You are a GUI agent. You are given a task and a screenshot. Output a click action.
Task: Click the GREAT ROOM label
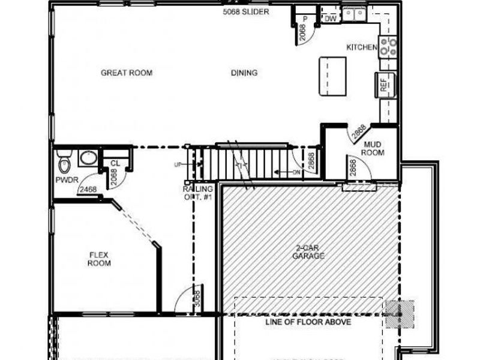[x=126, y=73]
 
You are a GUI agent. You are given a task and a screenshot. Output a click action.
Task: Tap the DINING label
[x=244, y=73]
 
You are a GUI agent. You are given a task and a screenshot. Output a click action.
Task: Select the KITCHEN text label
[x=362, y=47]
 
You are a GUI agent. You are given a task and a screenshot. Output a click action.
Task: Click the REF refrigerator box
[x=385, y=86]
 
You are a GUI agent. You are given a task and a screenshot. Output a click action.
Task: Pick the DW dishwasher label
[x=329, y=19]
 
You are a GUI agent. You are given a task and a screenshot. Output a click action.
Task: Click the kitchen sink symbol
[x=355, y=13]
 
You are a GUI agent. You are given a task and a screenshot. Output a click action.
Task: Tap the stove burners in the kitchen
[x=388, y=47]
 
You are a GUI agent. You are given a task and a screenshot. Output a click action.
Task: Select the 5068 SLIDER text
[x=245, y=11]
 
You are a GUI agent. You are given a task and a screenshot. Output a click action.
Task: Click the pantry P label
[x=305, y=19]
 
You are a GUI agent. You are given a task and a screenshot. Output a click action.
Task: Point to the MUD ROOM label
[x=373, y=148]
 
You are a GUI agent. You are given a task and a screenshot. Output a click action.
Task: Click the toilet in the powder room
[x=64, y=161]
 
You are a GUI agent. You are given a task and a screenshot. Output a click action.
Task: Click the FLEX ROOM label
[x=99, y=259]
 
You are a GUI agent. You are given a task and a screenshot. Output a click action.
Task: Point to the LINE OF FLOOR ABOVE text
[x=308, y=322]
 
